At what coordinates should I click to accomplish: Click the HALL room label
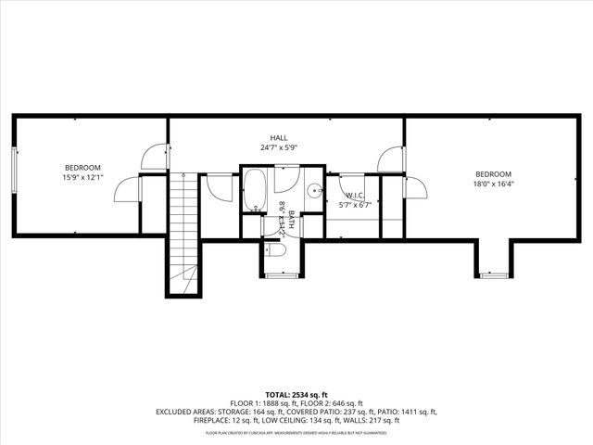(279, 137)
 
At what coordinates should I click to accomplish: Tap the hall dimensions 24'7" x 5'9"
(279, 147)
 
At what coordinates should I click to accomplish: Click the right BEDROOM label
(493, 173)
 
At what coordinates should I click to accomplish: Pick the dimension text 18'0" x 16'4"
(493, 184)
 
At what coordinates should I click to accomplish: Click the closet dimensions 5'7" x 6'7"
(355, 205)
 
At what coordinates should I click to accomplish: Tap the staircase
(184, 232)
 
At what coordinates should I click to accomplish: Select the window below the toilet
(280, 275)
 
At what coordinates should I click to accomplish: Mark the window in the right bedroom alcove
(494, 275)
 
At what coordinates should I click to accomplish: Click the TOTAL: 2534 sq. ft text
(296, 393)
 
